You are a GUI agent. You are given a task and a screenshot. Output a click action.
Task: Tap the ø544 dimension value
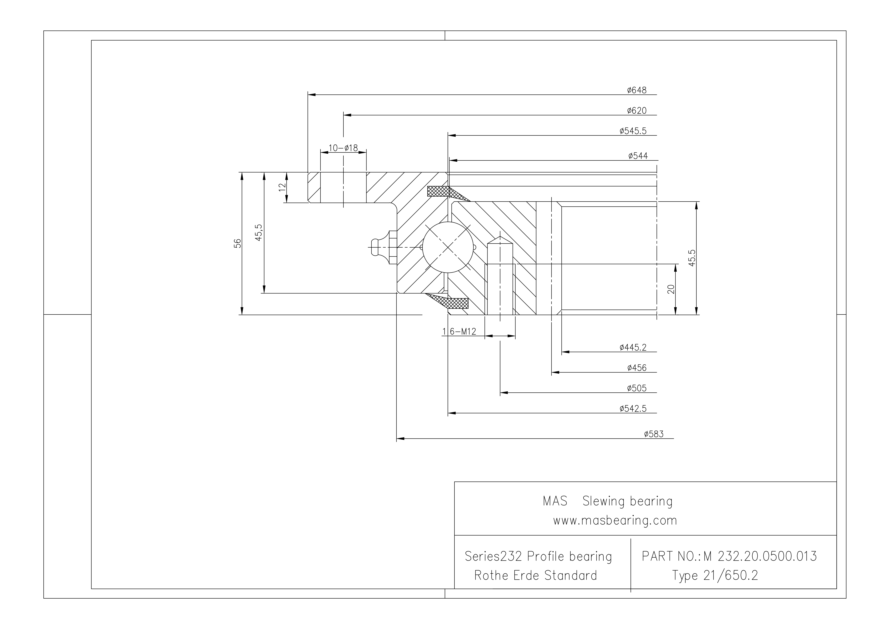[x=638, y=156]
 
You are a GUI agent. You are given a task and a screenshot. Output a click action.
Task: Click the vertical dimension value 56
[x=238, y=243]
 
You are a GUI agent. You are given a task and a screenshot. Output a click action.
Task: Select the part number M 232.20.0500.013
[x=760, y=556]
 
